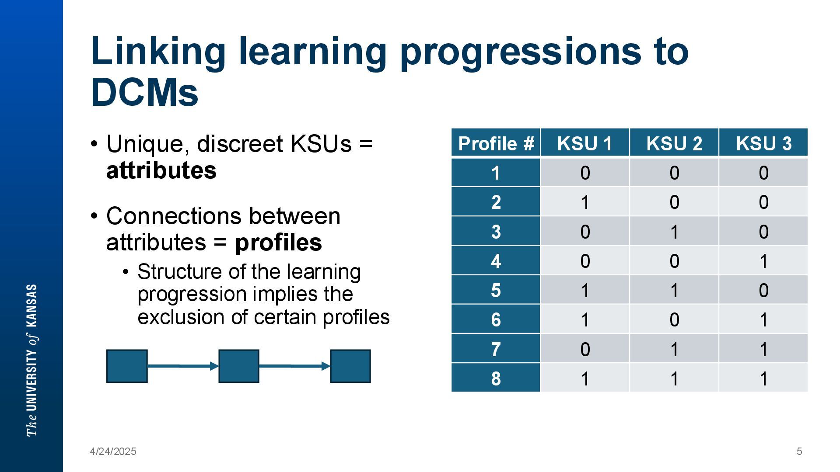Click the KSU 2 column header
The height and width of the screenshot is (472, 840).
674,142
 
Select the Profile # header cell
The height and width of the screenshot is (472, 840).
496,142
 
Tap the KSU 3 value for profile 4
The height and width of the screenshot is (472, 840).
763,260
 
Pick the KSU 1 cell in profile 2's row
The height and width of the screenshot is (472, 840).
585,201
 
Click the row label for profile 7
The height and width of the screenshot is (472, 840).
496,349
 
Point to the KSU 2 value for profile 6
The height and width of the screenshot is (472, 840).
674,319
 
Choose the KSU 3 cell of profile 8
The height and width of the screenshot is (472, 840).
763,378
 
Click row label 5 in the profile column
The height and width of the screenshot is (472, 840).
496,290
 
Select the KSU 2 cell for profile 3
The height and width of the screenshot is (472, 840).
674,231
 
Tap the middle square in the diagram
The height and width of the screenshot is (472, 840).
239,366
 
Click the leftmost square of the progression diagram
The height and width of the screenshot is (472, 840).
127,366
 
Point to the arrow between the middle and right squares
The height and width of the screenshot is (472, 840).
295,366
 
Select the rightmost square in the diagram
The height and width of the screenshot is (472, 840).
350,366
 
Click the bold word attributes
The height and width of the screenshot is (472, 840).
161,170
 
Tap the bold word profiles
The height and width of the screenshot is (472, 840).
279,243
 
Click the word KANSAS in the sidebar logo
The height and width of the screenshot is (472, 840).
32,305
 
